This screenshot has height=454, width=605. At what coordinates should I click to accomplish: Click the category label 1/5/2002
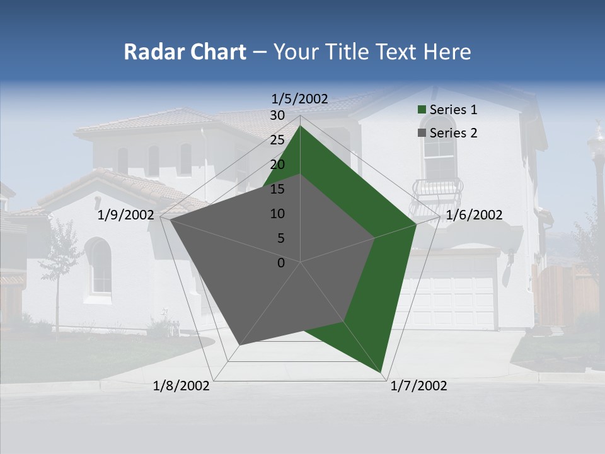pos(300,98)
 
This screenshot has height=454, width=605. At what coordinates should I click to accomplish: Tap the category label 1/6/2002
pos(474,215)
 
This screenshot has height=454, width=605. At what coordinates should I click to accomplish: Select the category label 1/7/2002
pos(418,386)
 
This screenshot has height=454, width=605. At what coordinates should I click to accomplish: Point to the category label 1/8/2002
pos(181,386)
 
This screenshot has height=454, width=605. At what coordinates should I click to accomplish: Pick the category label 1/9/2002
pos(126,215)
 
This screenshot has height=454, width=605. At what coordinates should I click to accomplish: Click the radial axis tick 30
pos(277,115)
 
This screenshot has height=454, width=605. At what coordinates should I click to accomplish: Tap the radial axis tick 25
pos(277,140)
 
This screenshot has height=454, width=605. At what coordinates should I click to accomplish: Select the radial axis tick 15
pos(277,189)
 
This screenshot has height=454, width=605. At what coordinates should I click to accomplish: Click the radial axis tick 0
pos(281,262)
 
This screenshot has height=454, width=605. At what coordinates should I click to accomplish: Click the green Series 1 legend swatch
pos(422,110)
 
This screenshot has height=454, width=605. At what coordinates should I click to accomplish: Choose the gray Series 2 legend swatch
pos(422,133)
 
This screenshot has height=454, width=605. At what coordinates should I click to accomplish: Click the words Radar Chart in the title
pos(185,52)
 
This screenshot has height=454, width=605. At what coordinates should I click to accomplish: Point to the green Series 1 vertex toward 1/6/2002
pos(416,224)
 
